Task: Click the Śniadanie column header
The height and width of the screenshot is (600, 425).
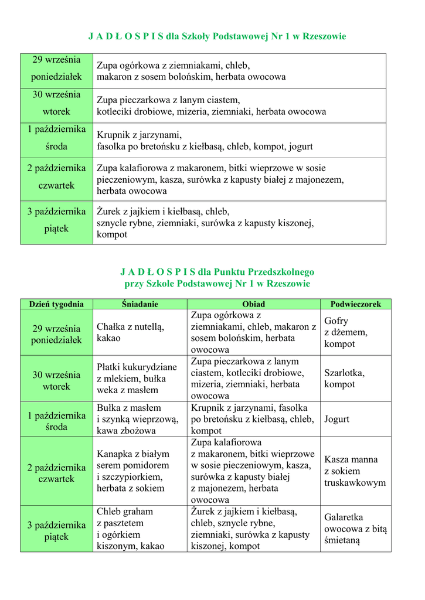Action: point(140,304)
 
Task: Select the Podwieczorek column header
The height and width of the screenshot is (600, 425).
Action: point(355,304)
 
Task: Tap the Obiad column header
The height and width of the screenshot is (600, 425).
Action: point(253,304)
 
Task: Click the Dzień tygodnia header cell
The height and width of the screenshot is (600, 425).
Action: point(56,304)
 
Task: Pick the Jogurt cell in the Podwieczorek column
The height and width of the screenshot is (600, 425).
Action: point(336,419)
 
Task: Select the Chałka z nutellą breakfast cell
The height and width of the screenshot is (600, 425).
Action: point(131,332)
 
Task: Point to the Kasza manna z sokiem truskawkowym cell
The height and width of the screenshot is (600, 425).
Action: point(355,471)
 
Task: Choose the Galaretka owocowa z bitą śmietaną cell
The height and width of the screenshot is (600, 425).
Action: point(355,529)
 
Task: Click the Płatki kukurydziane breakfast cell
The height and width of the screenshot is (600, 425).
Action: point(137,379)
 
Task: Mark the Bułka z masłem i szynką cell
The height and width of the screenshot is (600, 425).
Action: point(137,419)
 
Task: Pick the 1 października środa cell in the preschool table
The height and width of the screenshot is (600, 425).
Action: point(56,421)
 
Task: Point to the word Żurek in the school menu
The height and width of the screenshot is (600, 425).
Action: point(109,212)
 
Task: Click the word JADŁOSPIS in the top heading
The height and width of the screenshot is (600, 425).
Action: point(125,36)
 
